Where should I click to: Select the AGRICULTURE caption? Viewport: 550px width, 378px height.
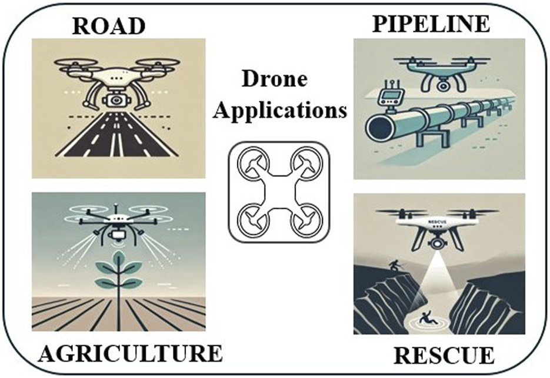coord(131,353)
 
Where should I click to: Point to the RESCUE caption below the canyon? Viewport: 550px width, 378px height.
coord(444,356)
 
